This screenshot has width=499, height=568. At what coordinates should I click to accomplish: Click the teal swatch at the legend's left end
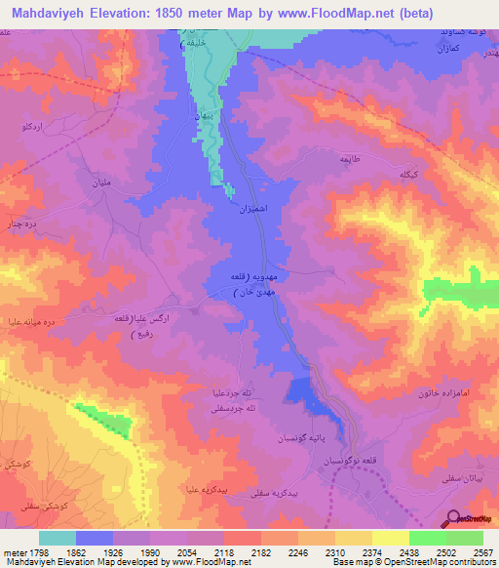tap(58, 538)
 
